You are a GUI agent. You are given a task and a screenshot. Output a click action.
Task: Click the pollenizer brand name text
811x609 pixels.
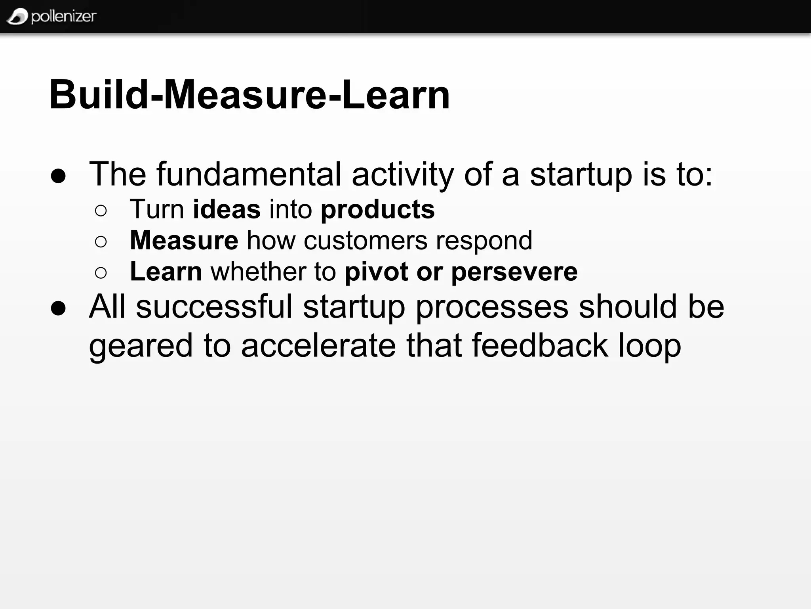pos(63,16)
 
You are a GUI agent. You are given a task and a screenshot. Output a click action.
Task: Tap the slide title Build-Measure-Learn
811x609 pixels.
pos(249,95)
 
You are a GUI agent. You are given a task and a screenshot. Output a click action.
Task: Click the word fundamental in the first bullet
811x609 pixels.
pos(249,174)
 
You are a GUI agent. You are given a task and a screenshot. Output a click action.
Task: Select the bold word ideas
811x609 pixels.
pos(227,209)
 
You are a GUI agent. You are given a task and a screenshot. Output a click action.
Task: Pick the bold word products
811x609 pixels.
pos(377,209)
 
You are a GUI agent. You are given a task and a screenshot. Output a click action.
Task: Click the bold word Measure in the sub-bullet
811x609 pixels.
pos(184,240)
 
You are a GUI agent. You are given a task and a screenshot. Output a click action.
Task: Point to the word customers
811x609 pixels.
pos(366,240)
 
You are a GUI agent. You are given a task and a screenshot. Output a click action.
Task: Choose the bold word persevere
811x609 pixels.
pos(514,272)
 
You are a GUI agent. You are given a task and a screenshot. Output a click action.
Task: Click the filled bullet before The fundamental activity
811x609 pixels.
pos(58,176)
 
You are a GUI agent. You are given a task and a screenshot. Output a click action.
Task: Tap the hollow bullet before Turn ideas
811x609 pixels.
pos(101,211)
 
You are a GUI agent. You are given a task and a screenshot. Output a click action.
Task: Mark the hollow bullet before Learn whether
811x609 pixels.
pos(101,273)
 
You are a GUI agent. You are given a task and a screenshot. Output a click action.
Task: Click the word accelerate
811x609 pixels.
pos(318,345)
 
